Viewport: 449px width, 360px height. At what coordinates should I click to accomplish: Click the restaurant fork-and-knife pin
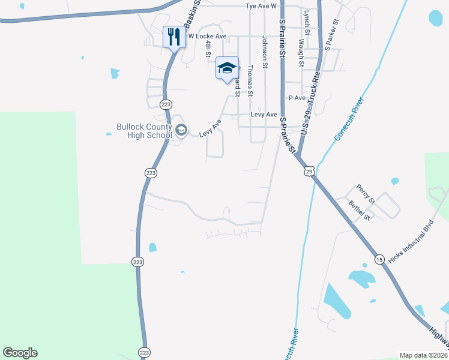(174, 37)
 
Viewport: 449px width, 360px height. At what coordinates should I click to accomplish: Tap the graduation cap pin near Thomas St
(227, 68)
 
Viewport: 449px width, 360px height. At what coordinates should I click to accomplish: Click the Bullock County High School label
(144, 131)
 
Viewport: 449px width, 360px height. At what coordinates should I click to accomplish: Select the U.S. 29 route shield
(309, 172)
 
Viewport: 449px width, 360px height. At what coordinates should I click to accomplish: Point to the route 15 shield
(379, 259)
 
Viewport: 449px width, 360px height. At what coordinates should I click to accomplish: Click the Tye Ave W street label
(261, 6)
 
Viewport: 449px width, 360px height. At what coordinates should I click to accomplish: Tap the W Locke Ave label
(207, 37)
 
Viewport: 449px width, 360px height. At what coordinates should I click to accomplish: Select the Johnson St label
(264, 51)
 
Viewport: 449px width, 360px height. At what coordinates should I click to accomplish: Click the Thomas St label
(250, 81)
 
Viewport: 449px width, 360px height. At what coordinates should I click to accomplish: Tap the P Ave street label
(297, 98)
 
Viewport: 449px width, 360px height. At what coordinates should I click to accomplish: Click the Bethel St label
(359, 210)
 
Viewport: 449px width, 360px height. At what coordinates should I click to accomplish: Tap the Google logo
(20, 353)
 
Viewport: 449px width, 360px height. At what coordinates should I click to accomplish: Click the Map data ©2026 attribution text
(423, 355)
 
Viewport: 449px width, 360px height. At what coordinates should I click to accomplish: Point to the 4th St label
(208, 49)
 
